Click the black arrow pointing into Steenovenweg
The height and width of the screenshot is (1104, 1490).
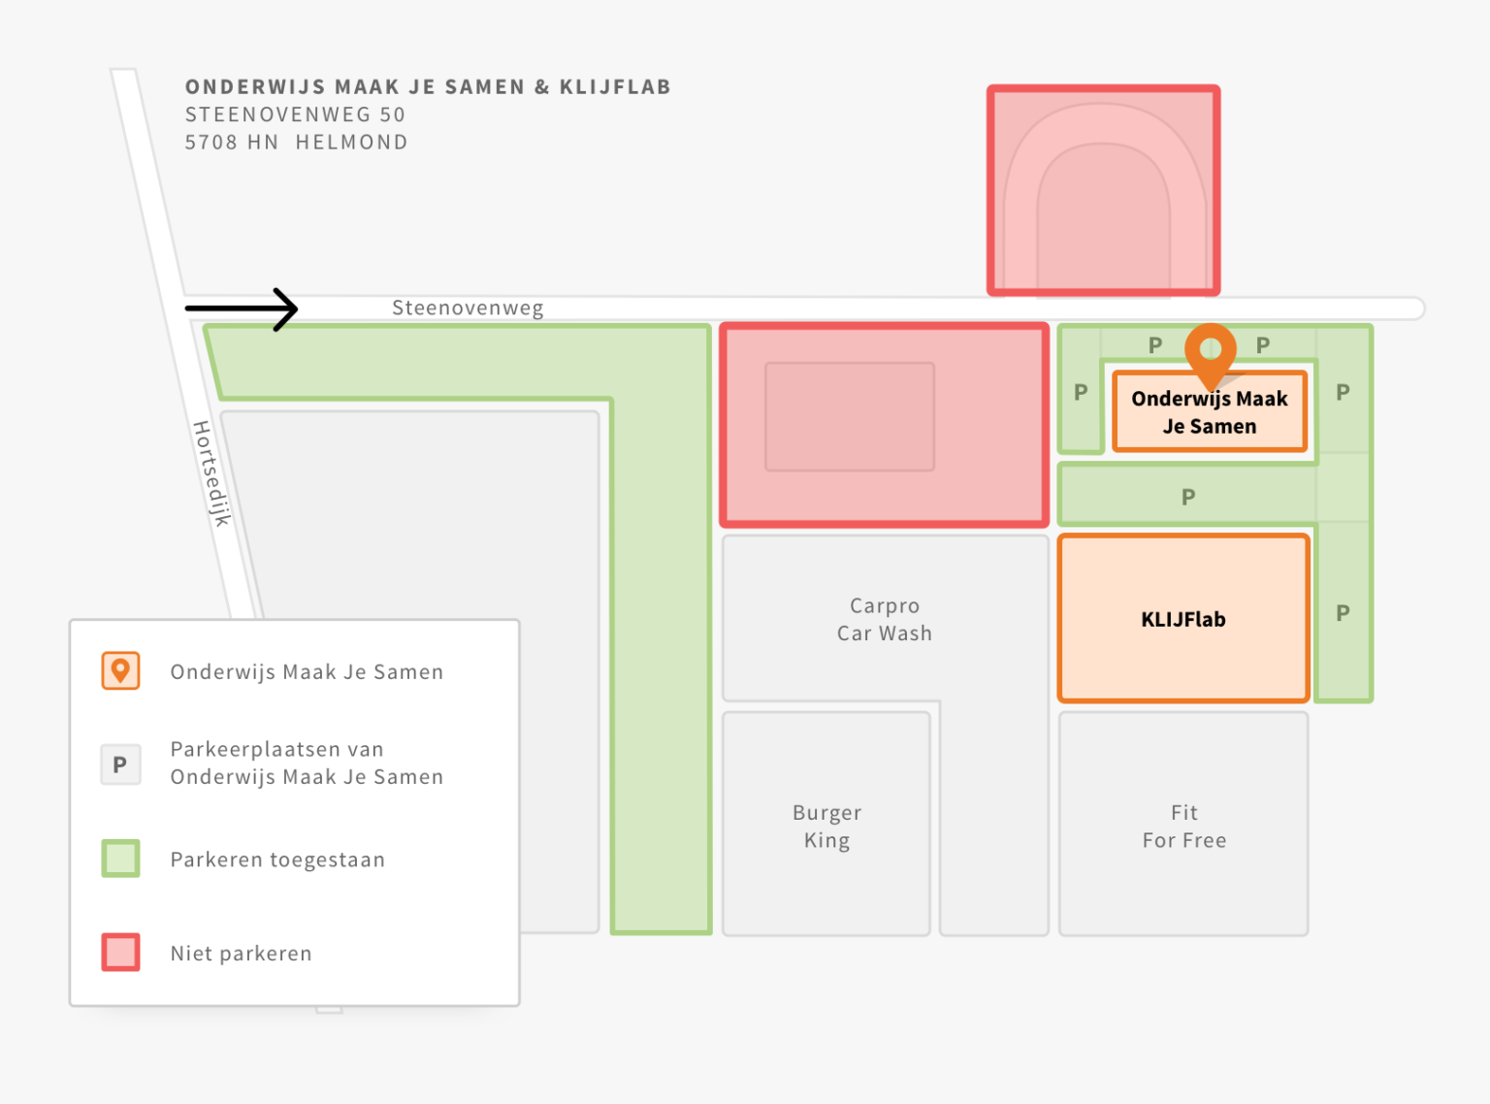coord(242,309)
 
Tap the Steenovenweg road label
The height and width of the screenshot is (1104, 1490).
coord(468,308)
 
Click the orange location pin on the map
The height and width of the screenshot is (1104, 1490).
coord(1210,355)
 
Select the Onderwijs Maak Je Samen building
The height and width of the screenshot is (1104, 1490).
coord(1210,411)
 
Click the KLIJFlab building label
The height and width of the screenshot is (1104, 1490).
coord(1183,619)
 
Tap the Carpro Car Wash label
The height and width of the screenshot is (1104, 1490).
coord(884,619)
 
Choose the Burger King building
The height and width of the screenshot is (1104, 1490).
coord(826,824)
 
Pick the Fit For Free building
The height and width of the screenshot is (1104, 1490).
coord(1183,824)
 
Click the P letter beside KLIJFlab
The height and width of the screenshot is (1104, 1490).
coord(1343,613)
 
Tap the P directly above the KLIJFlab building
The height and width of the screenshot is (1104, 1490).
coord(1188,498)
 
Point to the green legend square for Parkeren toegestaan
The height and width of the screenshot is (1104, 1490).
coord(121,858)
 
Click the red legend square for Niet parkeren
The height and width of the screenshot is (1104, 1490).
coord(121,952)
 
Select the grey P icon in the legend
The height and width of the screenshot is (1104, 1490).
coord(121,764)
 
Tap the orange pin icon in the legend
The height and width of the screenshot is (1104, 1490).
coord(121,670)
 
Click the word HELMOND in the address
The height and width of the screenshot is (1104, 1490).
coord(351,143)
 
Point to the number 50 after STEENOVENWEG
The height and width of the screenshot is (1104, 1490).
coord(392,114)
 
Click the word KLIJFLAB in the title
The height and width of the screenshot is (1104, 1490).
coord(615,86)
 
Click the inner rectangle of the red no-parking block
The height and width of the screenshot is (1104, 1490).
coord(850,416)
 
